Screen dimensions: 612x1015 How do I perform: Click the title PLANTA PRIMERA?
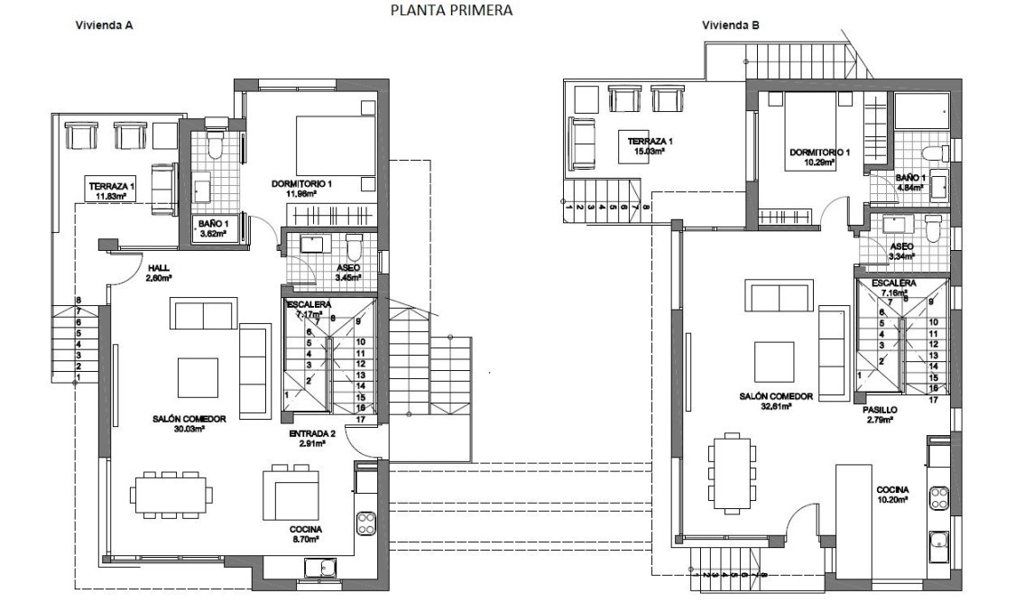point(451,11)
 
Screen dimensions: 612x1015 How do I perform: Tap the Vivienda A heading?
point(104,26)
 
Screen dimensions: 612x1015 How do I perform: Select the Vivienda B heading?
point(731,26)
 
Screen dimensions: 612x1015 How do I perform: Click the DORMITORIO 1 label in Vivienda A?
point(301,184)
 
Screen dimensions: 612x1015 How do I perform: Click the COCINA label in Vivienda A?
point(306,530)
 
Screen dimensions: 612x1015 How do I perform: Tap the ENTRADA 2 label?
point(312,434)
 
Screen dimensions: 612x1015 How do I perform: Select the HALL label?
point(159,268)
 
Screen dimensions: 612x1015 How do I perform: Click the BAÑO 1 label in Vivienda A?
point(213,223)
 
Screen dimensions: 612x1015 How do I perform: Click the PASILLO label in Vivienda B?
point(881,409)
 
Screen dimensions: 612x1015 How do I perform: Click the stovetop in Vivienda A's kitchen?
point(365,522)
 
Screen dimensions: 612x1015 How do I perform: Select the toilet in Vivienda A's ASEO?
point(355,246)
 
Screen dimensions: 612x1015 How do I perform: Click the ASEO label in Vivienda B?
point(901,246)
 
